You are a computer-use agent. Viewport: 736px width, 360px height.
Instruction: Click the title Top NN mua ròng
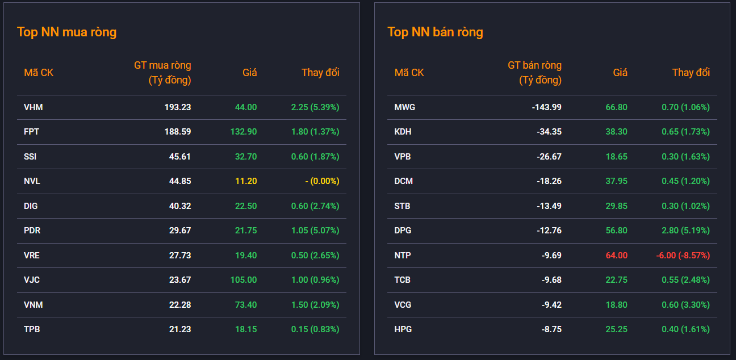[x=66, y=32]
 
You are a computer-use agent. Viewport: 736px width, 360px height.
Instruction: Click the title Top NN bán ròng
[x=435, y=32]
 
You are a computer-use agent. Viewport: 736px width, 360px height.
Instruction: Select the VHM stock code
[x=33, y=107]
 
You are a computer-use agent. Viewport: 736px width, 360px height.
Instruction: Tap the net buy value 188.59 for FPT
[x=177, y=132]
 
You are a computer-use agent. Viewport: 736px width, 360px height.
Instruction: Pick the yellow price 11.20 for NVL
[x=246, y=181]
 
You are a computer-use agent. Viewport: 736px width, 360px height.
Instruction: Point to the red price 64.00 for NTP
[x=616, y=256]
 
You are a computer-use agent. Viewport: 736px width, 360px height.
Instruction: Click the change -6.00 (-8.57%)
[x=683, y=256]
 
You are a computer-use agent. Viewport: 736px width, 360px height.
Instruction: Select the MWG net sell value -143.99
[x=546, y=107]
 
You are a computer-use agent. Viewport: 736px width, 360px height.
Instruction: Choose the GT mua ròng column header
[x=162, y=73]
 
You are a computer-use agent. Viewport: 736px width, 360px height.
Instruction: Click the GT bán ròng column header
[x=534, y=73]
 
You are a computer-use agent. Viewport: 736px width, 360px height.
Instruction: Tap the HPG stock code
[x=403, y=329]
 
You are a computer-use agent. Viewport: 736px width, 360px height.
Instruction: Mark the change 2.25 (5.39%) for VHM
[x=315, y=107]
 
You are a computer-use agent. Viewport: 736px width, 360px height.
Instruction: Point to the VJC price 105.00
[x=244, y=280]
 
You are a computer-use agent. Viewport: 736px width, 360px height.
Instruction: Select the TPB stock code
[x=32, y=329]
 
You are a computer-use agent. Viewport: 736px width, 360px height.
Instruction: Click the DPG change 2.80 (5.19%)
[x=685, y=231]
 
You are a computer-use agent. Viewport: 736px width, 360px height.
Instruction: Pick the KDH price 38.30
[x=616, y=132]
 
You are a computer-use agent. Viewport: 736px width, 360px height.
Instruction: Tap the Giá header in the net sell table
[x=620, y=73]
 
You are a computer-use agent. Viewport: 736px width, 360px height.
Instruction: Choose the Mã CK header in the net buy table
[x=39, y=73]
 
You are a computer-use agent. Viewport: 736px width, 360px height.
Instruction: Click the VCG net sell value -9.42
[x=551, y=305]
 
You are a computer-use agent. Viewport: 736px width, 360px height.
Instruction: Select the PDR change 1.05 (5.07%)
[x=315, y=231]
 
